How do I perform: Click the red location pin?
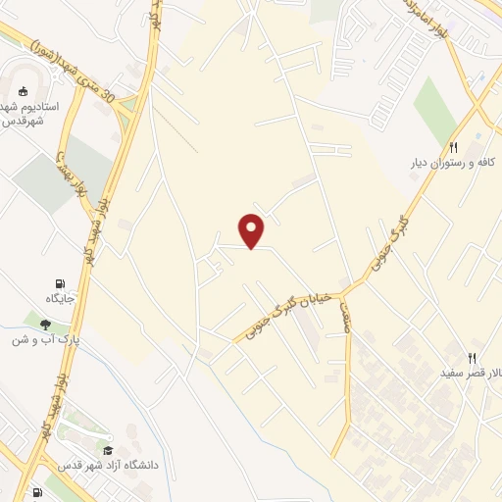253,229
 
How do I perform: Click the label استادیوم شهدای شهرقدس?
28,112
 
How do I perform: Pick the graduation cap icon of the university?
108,449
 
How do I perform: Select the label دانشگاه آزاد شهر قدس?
107,465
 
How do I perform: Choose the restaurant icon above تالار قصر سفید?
472,358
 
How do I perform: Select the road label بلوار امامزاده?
427,21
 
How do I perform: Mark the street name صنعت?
345,316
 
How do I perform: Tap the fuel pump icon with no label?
36,493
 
